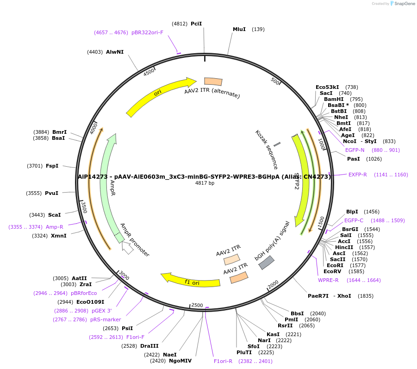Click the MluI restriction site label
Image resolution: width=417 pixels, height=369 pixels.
[x=239, y=29]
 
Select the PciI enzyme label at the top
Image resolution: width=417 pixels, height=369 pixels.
[x=196, y=24]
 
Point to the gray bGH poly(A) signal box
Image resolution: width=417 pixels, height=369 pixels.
[x=266, y=263]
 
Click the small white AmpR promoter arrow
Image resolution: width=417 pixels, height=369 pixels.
[x=128, y=248]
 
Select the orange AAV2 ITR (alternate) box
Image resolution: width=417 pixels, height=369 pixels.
[x=213, y=81]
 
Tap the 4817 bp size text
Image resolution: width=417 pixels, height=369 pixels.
[x=205, y=183]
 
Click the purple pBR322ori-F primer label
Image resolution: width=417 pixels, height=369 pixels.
[x=147, y=32]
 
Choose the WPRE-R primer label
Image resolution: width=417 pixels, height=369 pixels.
[x=328, y=280]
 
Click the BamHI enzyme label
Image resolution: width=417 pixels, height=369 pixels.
[x=334, y=99]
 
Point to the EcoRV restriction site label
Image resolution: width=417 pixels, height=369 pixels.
[x=332, y=271]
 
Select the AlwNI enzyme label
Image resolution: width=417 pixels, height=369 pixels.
[x=115, y=52]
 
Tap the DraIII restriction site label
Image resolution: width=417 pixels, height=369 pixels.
[x=149, y=346]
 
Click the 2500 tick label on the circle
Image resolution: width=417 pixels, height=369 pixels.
[x=197, y=305]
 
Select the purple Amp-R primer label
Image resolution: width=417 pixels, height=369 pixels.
[x=55, y=227]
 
